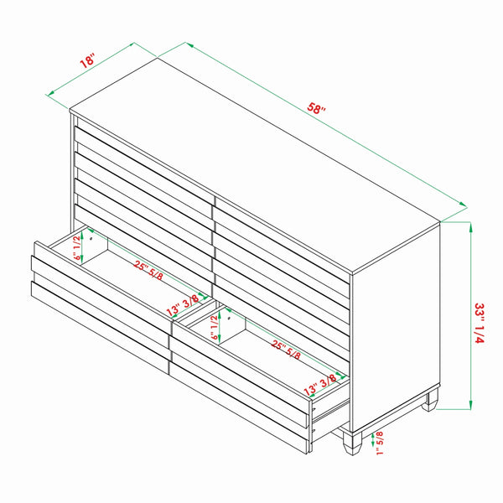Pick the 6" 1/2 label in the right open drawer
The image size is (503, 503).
[215, 324]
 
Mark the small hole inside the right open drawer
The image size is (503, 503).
[226, 319]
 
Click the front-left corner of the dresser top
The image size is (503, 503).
[70, 110]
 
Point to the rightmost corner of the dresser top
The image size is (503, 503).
[442, 221]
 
